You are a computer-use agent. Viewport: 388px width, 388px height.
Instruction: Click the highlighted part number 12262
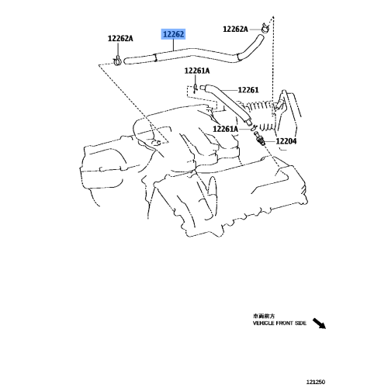[x=173, y=34]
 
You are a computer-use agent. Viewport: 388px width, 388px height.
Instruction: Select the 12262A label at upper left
[x=120, y=39]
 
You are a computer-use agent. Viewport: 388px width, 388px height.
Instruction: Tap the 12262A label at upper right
[x=235, y=29]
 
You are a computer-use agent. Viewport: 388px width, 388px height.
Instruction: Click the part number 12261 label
[x=248, y=90]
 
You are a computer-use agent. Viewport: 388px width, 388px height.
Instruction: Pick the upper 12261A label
[x=197, y=71]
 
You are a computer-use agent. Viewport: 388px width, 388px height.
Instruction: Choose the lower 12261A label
[x=225, y=129]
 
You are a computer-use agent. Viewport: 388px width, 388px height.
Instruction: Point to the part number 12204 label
[x=286, y=141]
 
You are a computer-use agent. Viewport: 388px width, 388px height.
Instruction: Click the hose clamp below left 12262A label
[x=117, y=61]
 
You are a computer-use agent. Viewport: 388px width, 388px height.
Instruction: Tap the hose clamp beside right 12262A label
[x=265, y=28]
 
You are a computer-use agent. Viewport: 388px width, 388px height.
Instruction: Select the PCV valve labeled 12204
[x=259, y=138]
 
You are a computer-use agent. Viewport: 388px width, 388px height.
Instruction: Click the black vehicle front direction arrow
[x=319, y=324]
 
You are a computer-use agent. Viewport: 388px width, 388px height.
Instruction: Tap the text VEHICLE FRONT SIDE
[x=279, y=324]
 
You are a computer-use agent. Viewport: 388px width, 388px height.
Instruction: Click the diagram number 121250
[x=316, y=382]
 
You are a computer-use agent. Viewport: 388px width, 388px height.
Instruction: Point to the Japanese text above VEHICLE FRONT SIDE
[x=264, y=316]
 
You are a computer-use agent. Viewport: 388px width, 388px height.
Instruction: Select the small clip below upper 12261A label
[x=196, y=88]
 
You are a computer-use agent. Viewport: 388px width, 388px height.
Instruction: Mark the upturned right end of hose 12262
[x=260, y=37]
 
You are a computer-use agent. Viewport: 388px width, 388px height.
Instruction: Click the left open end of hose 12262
[x=125, y=61]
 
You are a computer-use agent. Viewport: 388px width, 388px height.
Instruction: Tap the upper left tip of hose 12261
[x=201, y=87]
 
